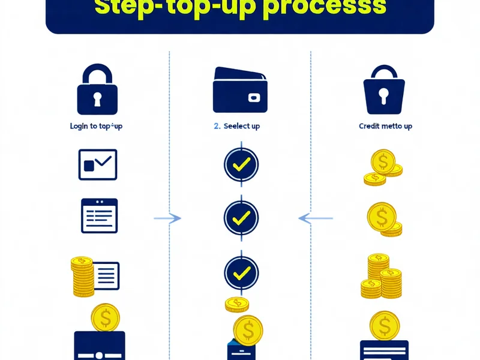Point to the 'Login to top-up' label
[97, 126]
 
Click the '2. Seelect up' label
[237, 126]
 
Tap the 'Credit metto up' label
[386, 126]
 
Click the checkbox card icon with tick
[98, 164]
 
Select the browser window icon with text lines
[100, 216]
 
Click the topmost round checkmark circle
[241, 164]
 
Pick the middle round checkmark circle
[241, 217]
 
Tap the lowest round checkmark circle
[241, 273]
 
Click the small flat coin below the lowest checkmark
[236, 305]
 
